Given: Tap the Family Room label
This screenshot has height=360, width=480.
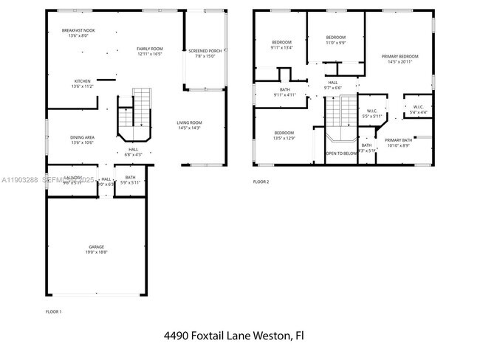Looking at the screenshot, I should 148,51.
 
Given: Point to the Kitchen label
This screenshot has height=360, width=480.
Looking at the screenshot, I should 82,83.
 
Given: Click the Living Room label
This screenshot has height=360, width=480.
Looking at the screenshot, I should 189,125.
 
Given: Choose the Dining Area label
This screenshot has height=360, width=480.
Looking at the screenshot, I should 82,139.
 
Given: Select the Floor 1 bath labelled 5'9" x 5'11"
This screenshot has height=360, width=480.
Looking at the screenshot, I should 130,179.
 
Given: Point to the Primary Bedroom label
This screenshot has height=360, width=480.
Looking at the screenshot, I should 400,59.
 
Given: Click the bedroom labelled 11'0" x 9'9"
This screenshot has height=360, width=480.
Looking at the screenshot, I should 336,40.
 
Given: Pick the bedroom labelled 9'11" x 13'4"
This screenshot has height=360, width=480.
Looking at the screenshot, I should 281,44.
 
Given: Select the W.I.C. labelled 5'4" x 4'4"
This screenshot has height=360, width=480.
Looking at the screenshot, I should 418,109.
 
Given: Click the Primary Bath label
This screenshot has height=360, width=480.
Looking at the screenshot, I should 398,142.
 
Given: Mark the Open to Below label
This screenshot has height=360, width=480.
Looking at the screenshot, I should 341,153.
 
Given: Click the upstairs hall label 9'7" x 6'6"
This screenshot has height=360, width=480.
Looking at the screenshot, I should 333,85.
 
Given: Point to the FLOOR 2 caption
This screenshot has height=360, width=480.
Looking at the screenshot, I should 261,181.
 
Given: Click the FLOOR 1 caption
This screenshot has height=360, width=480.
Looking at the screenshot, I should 53,312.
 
